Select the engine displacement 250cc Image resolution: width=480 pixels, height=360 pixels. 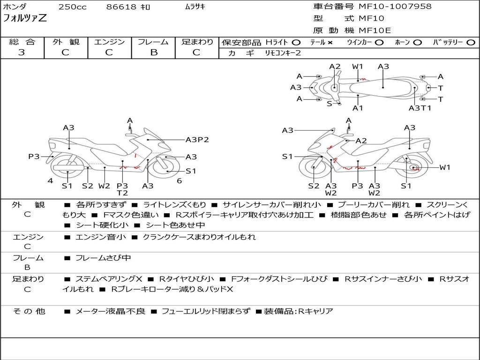(72, 7)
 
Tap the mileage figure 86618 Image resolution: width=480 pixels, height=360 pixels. (121, 7)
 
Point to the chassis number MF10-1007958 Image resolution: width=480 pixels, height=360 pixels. (395, 7)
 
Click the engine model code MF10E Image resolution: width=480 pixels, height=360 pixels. (375, 30)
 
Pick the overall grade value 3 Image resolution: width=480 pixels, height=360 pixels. (22, 52)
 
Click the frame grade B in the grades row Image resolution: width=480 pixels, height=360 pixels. (153, 52)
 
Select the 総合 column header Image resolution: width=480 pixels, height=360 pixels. (22, 42)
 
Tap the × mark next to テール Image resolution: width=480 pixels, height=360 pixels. (330, 43)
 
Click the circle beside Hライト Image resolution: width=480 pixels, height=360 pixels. (296, 43)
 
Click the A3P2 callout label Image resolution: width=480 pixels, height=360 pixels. (197, 140)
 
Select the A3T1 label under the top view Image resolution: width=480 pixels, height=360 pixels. (420, 108)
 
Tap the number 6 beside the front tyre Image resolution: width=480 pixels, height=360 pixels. (179, 181)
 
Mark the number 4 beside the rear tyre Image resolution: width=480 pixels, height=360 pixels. (50, 181)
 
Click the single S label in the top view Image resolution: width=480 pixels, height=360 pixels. (329, 104)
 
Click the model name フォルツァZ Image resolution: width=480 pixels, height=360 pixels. (25, 19)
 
